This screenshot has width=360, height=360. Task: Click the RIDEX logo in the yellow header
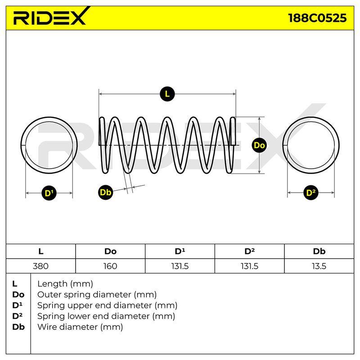click(x=51, y=16)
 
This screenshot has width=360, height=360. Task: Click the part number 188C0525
click(x=317, y=18)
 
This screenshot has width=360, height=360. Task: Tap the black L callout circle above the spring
click(x=167, y=94)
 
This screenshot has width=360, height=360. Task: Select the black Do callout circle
click(x=259, y=145)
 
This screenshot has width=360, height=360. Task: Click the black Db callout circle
click(x=106, y=192)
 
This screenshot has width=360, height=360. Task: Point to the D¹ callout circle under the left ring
click(x=49, y=193)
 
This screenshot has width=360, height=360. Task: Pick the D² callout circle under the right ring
click(x=311, y=193)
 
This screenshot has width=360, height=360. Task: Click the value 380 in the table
click(x=40, y=266)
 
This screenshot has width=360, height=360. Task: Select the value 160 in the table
click(x=110, y=266)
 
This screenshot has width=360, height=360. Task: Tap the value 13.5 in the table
click(x=319, y=266)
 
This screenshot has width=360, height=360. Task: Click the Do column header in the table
click(x=110, y=252)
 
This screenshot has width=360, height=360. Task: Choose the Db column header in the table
click(x=319, y=252)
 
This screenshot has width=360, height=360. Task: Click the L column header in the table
click(x=41, y=252)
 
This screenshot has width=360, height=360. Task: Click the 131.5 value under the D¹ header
click(x=180, y=266)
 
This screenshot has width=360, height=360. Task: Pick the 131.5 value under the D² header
click(x=249, y=266)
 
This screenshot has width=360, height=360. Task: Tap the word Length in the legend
click(x=53, y=284)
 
